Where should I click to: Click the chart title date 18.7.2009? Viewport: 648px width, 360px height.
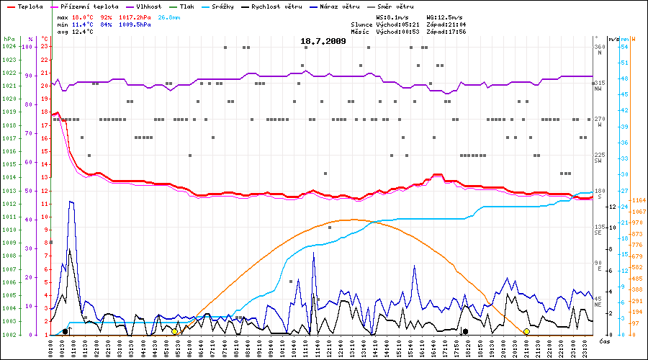[323, 41]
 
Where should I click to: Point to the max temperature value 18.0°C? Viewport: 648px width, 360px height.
[84, 16]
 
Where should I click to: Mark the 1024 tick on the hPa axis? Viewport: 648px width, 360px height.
[9, 46]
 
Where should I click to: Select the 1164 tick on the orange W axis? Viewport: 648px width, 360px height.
[637, 199]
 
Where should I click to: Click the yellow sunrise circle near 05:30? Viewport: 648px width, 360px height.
[174, 331]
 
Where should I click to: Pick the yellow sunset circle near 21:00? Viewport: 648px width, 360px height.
[526, 331]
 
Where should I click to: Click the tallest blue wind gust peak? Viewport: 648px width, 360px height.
[71, 202]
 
